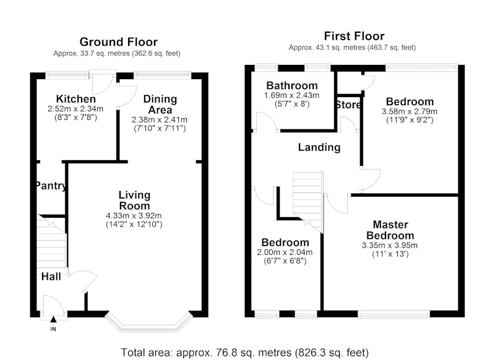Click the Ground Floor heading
point(118,42)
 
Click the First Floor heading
point(354,36)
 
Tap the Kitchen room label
point(75,99)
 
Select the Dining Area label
point(160,105)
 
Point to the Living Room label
point(134,200)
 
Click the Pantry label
point(51,186)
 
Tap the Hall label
point(51,276)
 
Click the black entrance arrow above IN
point(53,320)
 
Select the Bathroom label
point(292,85)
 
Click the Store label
point(348,105)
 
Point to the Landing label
point(319,147)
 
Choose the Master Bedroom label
point(390,230)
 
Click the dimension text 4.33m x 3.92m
point(134,216)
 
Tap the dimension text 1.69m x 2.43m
point(291,95)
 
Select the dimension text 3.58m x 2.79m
point(410,111)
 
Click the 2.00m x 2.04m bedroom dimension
point(285,252)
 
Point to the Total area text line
point(245,353)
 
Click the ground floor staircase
point(52,242)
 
